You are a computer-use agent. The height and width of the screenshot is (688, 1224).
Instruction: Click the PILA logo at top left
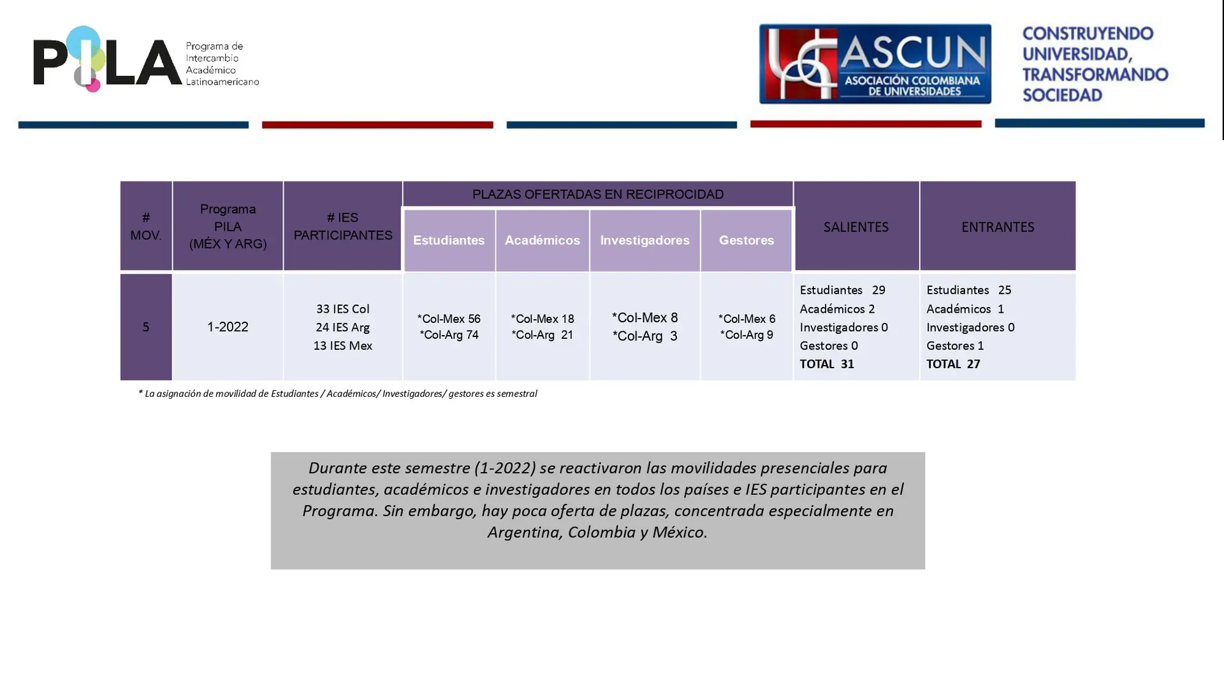(x=146, y=59)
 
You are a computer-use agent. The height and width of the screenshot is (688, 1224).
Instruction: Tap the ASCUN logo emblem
(x=875, y=64)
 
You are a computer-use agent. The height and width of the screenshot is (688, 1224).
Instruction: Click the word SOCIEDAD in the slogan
(x=1062, y=95)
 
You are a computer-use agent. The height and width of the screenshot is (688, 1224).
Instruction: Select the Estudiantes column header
(x=449, y=240)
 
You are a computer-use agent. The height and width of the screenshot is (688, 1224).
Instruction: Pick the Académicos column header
(x=542, y=240)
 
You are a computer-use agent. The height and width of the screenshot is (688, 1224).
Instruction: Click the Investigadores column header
(x=645, y=240)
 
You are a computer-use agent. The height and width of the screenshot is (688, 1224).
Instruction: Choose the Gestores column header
(x=746, y=240)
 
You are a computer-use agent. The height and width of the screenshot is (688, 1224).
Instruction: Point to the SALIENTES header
(x=856, y=227)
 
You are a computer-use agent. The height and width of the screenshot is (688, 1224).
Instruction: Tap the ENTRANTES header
(x=997, y=227)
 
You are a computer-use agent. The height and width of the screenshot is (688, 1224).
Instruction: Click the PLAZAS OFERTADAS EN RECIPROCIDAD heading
(x=597, y=194)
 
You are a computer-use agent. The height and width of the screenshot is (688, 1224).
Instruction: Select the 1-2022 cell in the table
(x=228, y=327)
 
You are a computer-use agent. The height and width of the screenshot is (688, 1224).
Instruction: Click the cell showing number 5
(x=146, y=327)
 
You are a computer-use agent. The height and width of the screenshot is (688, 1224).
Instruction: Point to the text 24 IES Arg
(x=342, y=327)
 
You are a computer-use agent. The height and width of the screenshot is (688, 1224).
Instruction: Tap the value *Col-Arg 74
(x=449, y=335)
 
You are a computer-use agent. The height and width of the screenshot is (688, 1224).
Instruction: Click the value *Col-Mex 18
(x=542, y=319)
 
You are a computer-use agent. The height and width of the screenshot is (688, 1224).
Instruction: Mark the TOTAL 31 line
(x=827, y=364)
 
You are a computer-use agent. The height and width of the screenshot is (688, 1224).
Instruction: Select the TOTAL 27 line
(x=953, y=364)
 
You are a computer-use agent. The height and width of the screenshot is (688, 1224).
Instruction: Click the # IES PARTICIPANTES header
(x=342, y=226)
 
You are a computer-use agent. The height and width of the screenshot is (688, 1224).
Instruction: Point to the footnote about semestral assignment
(x=337, y=394)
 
